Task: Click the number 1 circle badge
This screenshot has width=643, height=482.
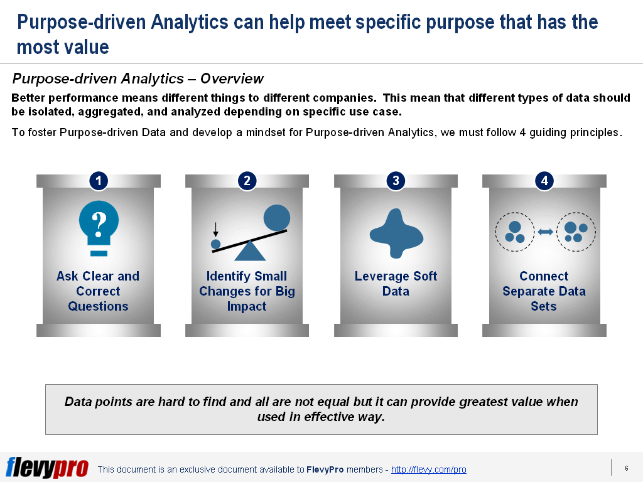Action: click(x=98, y=181)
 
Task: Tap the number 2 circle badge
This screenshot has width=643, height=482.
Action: click(x=247, y=181)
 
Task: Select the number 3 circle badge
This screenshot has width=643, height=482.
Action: click(x=396, y=181)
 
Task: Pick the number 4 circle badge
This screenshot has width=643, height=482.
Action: click(x=544, y=181)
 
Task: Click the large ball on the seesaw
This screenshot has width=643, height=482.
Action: click(x=277, y=217)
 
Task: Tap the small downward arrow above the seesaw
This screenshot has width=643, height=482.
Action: click(x=215, y=230)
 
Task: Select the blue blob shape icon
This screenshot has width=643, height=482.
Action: click(x=396, y=233)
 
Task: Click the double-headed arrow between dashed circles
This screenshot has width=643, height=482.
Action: click(x=545, y=232)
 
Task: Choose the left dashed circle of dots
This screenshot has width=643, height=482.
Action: click(x=514, y=232)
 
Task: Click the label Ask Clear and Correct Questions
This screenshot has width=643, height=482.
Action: click(x=98, y=291)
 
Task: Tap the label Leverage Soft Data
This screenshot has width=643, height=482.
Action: click(x=396, y=284)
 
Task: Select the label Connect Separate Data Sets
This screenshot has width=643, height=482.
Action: click(x=544, y=291)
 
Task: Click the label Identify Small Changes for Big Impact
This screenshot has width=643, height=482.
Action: click(x=247, y=291)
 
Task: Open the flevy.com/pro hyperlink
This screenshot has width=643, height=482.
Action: click(x=428, y=469)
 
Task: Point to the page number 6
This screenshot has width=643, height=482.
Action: click(x=626, y=468)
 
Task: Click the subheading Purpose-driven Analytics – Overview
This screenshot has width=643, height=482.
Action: click(x=138, y=78)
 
